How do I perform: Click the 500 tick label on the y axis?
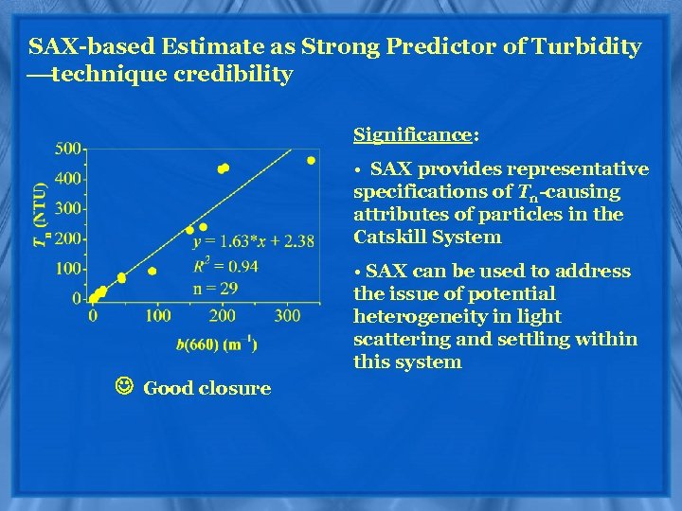(x=67, y=149)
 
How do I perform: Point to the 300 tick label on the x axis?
(x=288, y=315)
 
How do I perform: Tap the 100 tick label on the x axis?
(x=158, y=315)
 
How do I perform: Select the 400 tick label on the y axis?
(x=67, y=179)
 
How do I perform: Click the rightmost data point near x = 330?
(x=311, y=161)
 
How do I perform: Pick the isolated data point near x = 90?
(x=152, y=272)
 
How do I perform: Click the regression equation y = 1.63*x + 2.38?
(x=253, y=242)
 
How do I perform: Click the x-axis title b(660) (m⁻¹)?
(x=217, y=344)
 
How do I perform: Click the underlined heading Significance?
(x=412, y=135)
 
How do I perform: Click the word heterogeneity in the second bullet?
(x=413, y=317)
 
